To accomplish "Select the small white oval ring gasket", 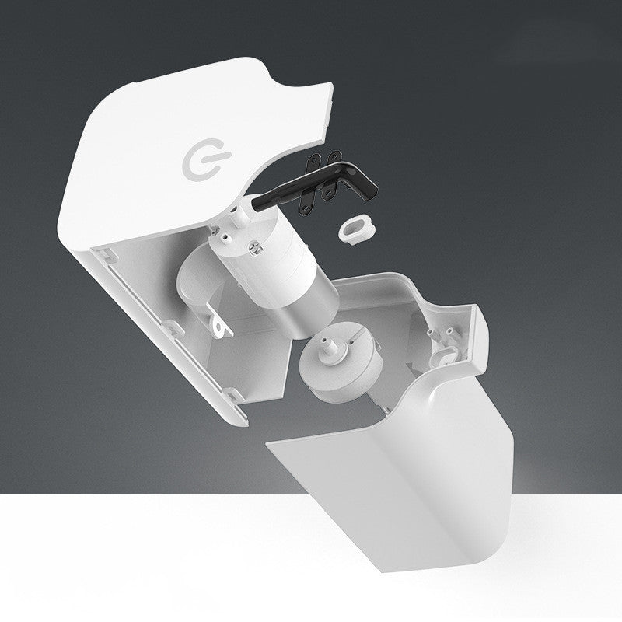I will click(x=354, y=228).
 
